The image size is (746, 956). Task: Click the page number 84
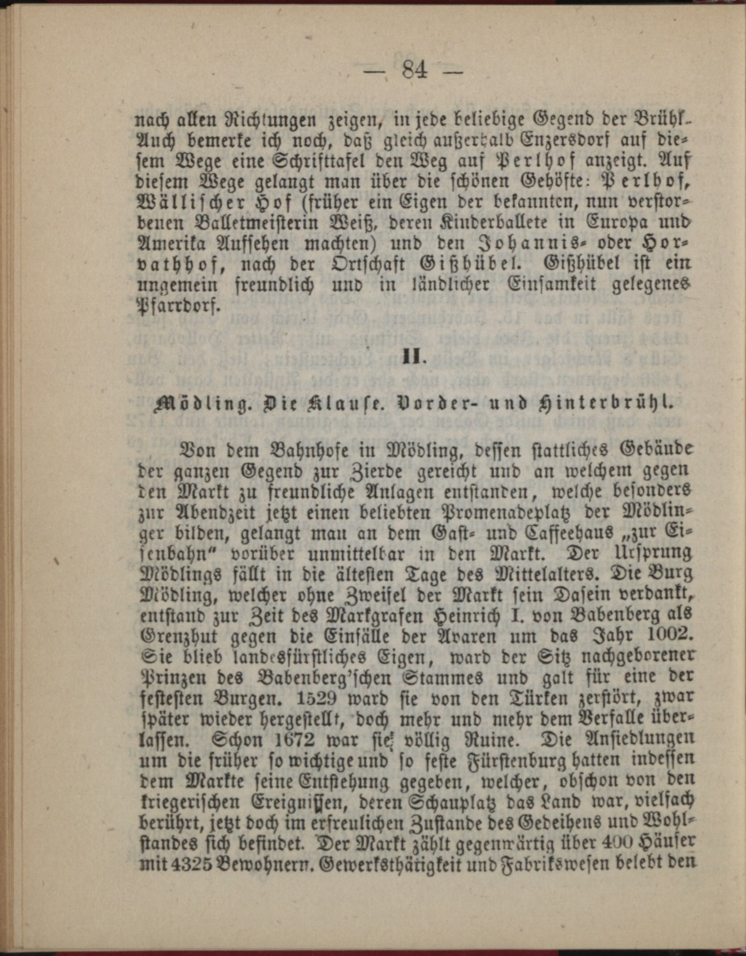(414, 70)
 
